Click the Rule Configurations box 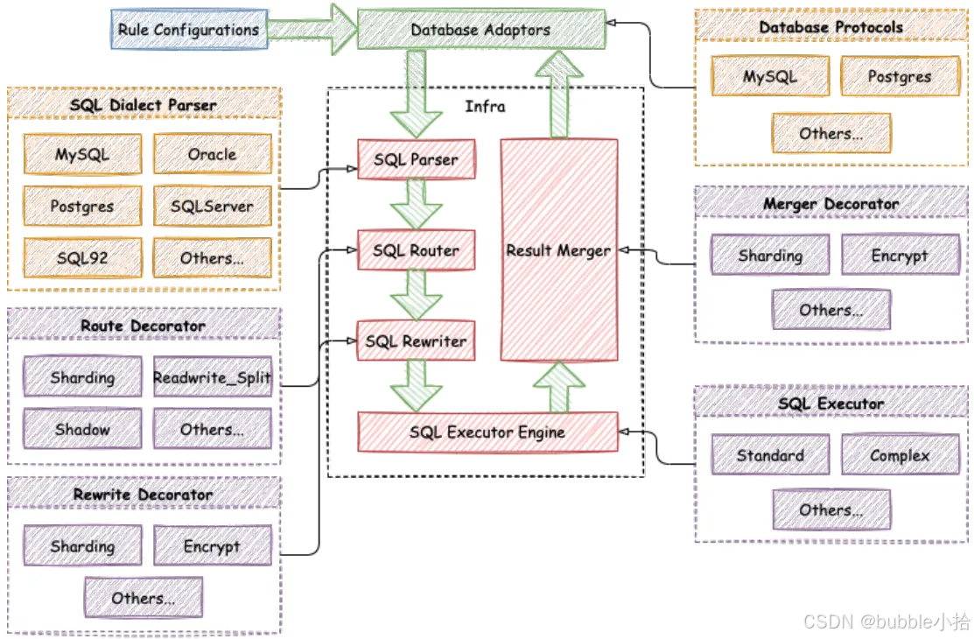[x=189, y=30]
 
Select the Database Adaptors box [x=481, y=30]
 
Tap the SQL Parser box [x=416, y=160]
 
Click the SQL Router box [x=416, y=250]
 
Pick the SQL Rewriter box [x=416, y=341]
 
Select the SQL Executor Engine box [x=487, y=432]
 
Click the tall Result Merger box [x=558, y=250]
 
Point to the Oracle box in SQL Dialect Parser [x=212, y=154]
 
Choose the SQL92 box [x=82, y=258]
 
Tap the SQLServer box [x=212, y=207]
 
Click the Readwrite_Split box [x=212, y=378]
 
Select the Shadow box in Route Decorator [x=82, y=430]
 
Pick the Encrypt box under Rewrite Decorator [x=212, y=546]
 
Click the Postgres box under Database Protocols [x=899, y=76]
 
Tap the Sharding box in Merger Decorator [x=769, y=256]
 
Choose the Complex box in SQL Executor [x=899, y=455]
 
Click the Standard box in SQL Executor [x=769, y=455]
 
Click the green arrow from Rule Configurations [x=311, y=28]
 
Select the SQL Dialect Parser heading [x=143, y=105]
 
